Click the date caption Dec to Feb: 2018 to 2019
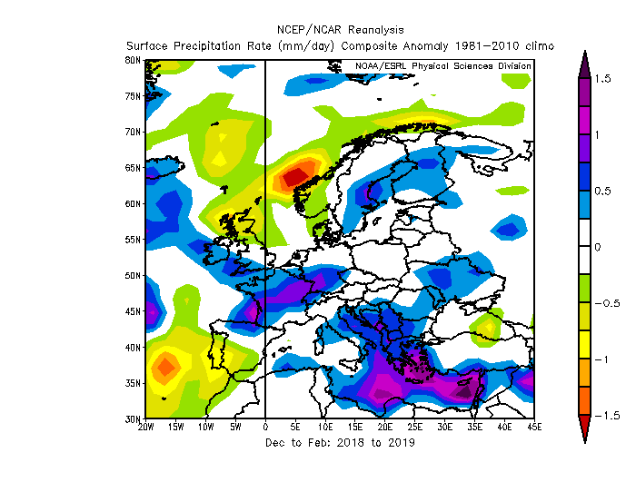pos(341,442)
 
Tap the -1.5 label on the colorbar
pos(607,415)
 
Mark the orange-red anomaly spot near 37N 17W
pos(165,368)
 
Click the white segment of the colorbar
pos(585,247)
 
